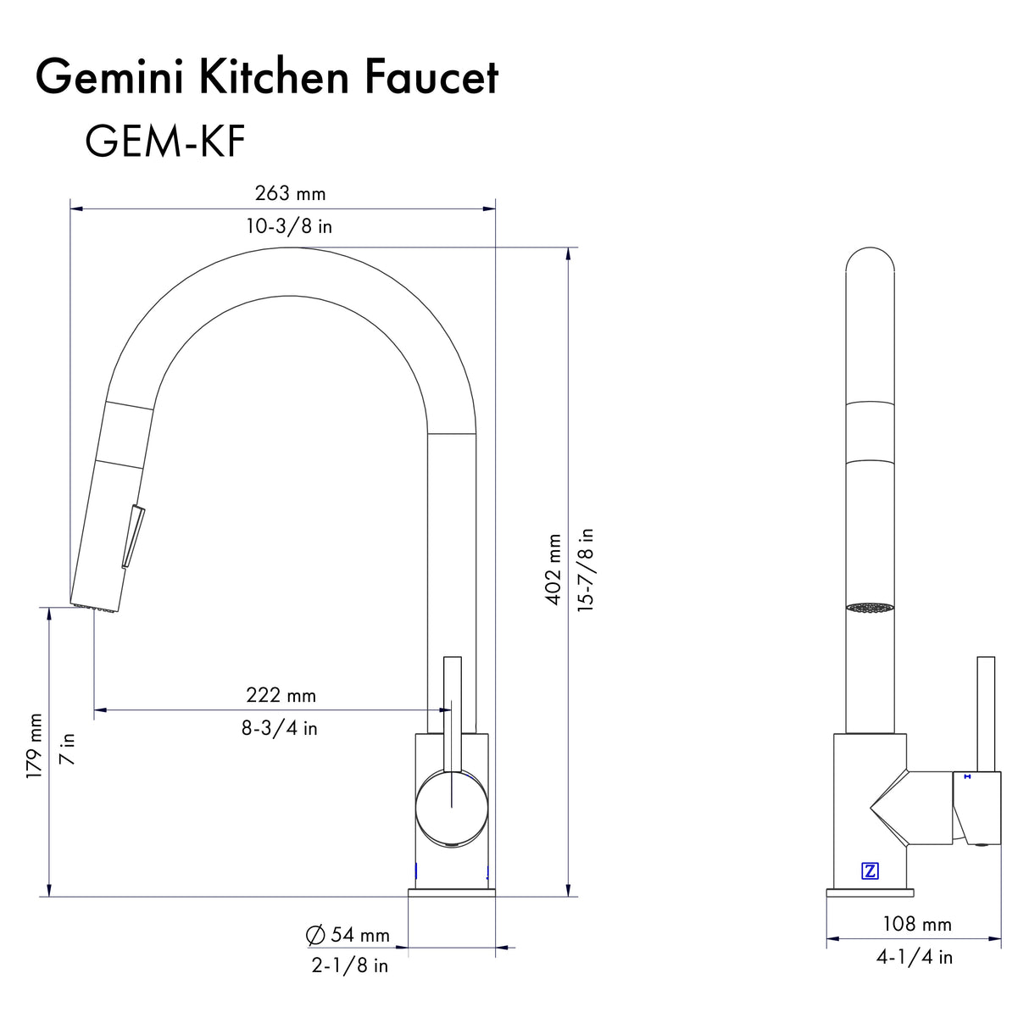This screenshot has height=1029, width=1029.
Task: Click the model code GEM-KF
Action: (164, 141)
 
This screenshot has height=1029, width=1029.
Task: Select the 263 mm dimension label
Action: (290, 193)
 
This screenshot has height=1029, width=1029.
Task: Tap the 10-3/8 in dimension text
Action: (289, 226)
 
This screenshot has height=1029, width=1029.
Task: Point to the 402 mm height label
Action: (553, 569)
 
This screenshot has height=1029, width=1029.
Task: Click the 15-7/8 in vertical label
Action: (586, 569)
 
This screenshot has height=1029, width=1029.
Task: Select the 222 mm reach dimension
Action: (281, 695)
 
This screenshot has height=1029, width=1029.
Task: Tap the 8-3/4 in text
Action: (279, 728)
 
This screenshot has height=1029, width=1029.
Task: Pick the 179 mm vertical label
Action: (34, 746)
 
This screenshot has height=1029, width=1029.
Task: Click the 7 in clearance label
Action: (67, 749)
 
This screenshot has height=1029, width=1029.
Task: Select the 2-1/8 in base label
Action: (349, 965)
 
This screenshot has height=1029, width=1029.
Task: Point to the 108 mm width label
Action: (916, 924)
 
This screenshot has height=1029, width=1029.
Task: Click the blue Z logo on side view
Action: (870, 870)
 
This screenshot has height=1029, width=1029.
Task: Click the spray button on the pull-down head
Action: (131, 536)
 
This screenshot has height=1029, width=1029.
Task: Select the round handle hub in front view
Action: (451, 806)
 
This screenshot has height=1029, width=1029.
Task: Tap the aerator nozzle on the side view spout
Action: (870, 608)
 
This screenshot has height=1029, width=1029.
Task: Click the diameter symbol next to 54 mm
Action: (315, 935)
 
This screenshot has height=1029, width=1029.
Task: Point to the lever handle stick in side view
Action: (986, 712)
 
